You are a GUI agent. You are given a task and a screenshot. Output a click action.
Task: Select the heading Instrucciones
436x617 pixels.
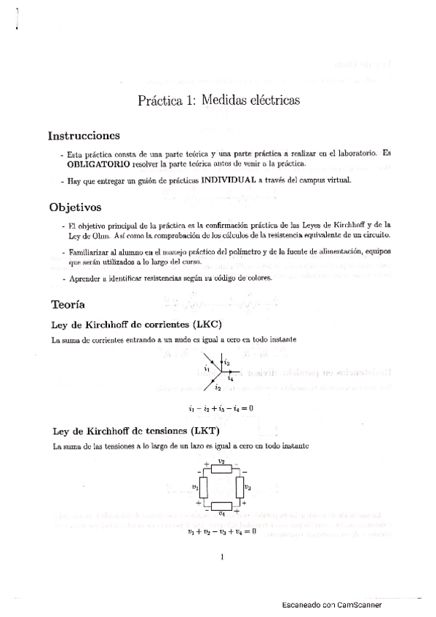click(84, 136)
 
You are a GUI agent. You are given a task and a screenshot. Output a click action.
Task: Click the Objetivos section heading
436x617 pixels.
click(74, 207)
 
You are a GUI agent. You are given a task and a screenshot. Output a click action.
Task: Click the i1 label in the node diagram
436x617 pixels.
click(207, 369)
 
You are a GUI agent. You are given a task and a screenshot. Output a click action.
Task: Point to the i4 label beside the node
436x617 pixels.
click(230, 379)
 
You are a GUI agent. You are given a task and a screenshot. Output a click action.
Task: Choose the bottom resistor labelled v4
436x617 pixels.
click(221, 506)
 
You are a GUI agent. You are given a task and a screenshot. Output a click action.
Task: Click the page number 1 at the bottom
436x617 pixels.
click(221, 558)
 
